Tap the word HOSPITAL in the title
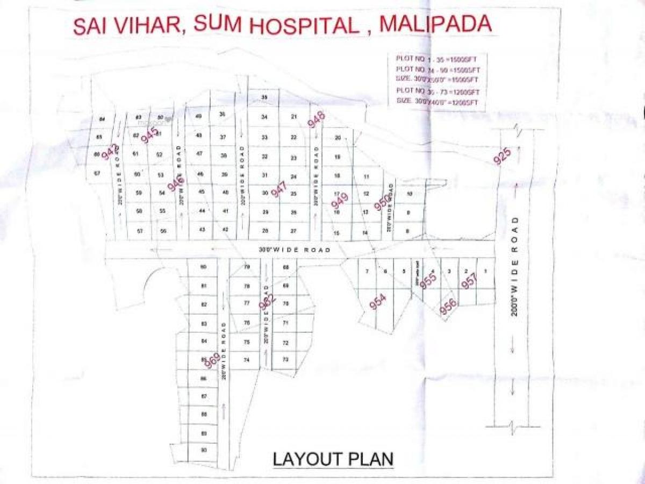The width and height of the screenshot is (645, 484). click(311, 26)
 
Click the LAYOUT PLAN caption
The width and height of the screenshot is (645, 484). click(333, 459)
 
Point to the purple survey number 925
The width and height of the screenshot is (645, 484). click(503, 156)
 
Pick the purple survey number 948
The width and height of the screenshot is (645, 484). click(317, 119)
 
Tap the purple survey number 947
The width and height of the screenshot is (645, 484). click(278, 189)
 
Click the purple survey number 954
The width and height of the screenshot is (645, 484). click(378, 302)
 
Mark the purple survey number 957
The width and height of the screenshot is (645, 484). click(469, 281)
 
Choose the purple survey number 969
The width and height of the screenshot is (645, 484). click(212, 361)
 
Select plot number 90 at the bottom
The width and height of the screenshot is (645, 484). click(203, 450)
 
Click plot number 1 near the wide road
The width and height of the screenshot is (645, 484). click(485, 272)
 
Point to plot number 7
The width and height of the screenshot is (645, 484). click(367, 272)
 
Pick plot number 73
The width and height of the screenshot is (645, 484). click(286, 359)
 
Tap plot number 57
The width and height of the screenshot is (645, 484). click(139, 231)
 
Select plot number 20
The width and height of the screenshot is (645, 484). click(338, 138)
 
